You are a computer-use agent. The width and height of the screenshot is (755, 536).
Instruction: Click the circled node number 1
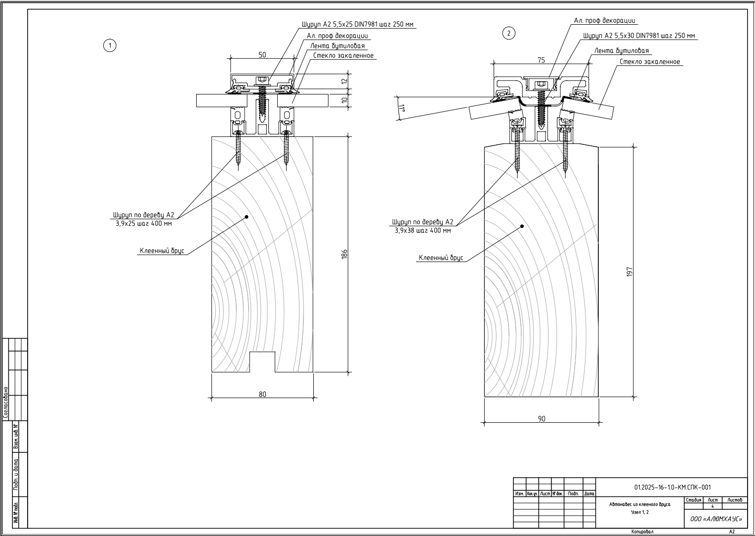[109, 45]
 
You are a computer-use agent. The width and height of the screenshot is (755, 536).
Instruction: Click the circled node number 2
[508, 33]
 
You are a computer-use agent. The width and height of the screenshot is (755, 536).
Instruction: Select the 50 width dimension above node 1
[262, 55]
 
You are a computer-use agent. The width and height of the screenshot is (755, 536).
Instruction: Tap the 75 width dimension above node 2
[541, 60]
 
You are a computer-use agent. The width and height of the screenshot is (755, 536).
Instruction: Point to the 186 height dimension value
[345, 254]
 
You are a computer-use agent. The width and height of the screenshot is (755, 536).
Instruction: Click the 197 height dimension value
[629, 271]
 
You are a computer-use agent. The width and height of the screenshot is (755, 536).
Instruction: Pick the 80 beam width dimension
[262, 394]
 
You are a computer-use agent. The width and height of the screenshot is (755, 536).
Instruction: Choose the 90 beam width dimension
[542, 419]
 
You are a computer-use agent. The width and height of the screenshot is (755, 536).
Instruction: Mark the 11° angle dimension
[401, 109]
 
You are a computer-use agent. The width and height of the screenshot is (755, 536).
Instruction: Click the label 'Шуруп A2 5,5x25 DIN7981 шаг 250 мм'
[358, 24]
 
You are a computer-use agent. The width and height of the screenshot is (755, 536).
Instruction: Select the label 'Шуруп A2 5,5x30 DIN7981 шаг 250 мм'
[639, 36]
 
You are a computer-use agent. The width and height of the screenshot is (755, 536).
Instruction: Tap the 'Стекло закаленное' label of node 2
[650, 62]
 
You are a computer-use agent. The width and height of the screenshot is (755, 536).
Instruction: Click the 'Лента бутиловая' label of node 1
[337, 46]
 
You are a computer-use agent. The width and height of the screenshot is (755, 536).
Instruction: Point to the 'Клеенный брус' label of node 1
[162, 251]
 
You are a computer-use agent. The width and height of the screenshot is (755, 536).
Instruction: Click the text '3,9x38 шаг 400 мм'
[422, 230]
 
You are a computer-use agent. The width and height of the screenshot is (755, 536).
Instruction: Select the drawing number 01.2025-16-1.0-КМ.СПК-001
[672, 487]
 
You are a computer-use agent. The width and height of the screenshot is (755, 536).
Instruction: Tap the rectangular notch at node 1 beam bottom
[262, 361]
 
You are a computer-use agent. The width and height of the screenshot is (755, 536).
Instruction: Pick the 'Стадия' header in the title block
[694, 500]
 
